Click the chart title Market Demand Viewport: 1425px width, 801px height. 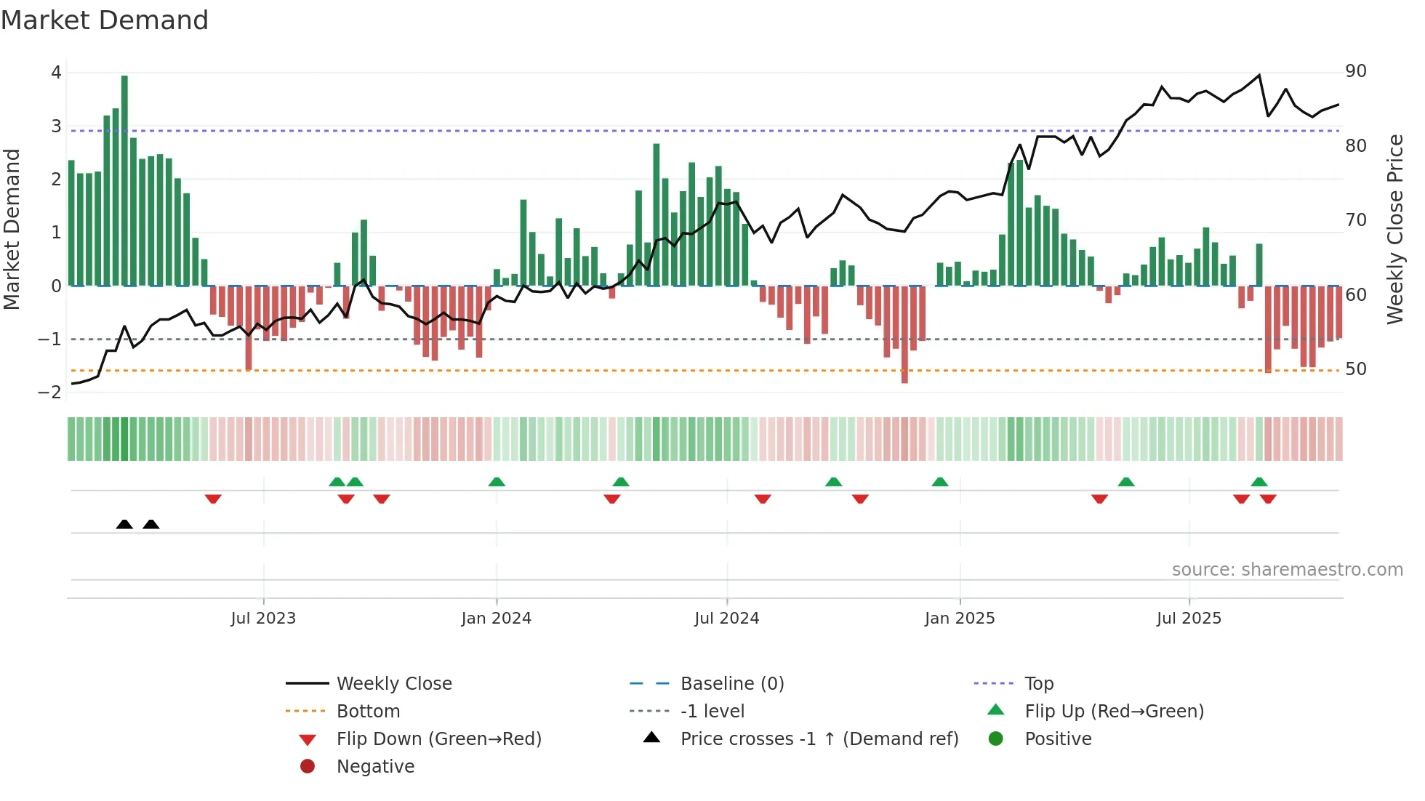pyautogui.click(x=105, y=20)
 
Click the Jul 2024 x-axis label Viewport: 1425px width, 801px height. pyautogui.click(x=726, y=619)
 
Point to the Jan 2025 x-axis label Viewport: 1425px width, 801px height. pyautogui.click(x=959, y=619)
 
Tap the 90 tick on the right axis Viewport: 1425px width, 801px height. pyautogui.click(x=1355, y=71)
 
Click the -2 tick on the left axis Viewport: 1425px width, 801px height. pyautogui.click(x=50, y=393)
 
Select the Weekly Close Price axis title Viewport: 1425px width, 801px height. pyautogui.click(x=1394, y=229)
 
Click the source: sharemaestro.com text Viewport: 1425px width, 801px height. pyautogui.click(x=1287, y=570)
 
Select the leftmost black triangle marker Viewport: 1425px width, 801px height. pyautogui.click(x=124, y=524)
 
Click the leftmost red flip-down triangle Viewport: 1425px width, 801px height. pyautogui.click(x=213, y=499)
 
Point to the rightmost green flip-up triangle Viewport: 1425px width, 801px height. pyautogui.click(x=1259, y=482)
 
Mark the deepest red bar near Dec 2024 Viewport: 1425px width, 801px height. pyautogui.click(x=904, y=334)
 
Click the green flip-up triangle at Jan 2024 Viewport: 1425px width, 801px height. pyautogui.click(x=497, y=482)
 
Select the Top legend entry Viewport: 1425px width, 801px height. pyautogui.click(x=1038, y=684)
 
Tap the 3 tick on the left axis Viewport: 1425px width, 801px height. pyautogui.click(x=56, y=126)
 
